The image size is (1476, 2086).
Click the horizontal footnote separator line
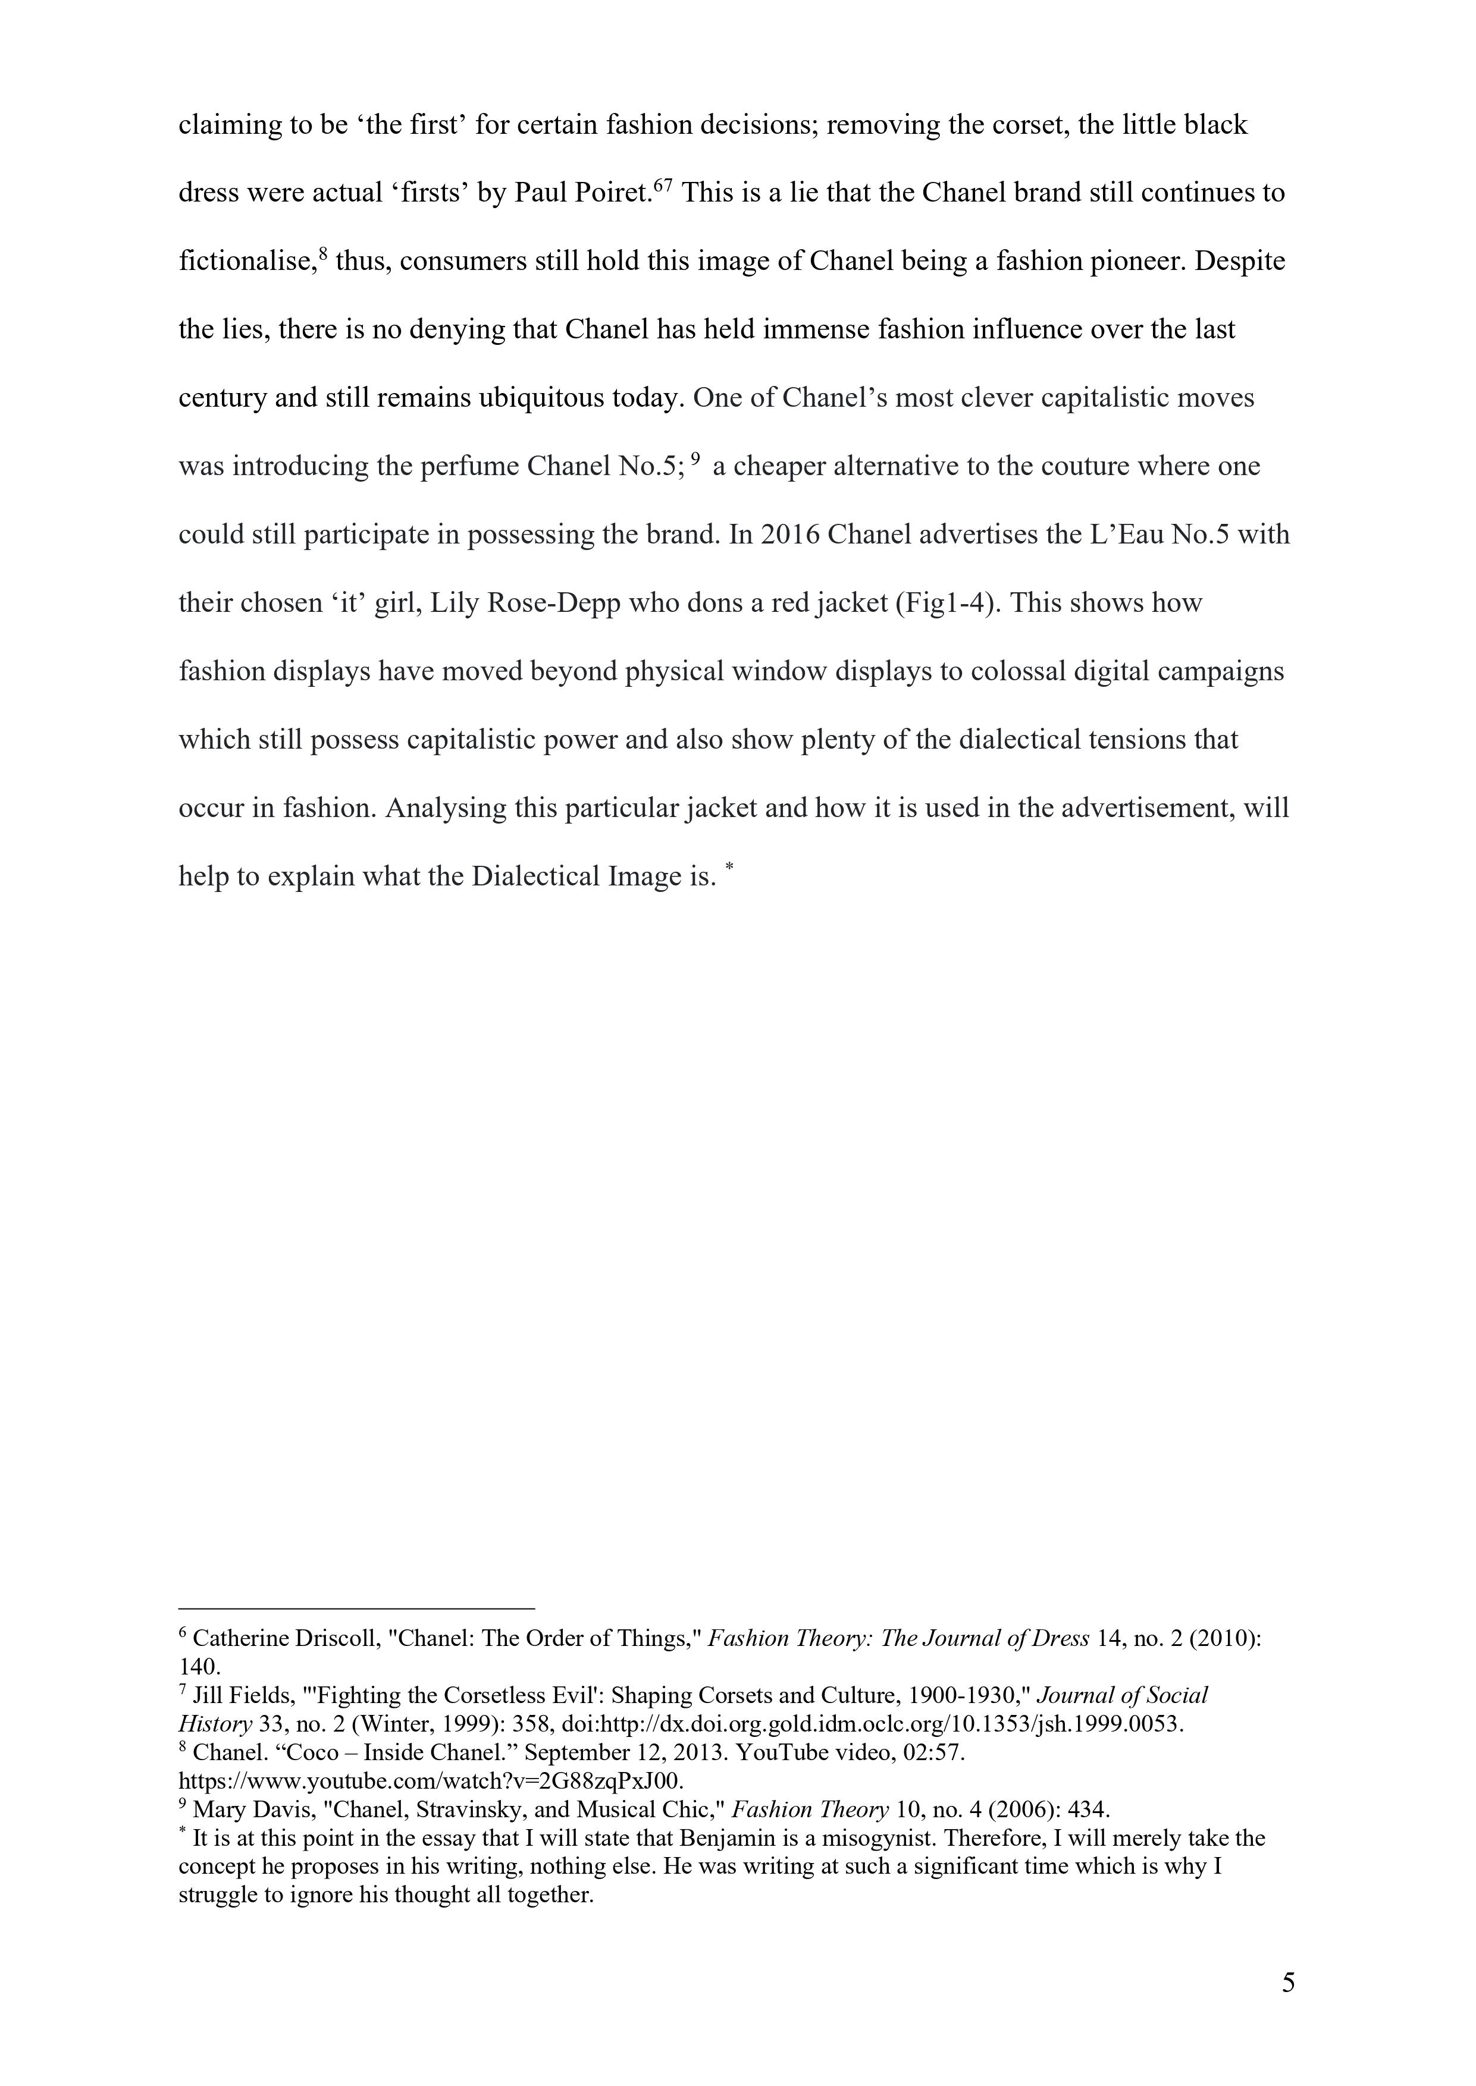356,1607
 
